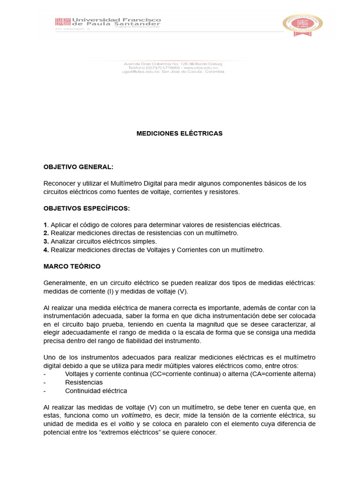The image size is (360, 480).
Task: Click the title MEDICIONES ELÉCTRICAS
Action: [x=179, y=134]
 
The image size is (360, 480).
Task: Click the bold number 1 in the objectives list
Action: [x=45, y=225]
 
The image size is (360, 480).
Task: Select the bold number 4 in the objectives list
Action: [x=46, y=250]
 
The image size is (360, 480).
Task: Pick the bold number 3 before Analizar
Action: [x=46, y=242]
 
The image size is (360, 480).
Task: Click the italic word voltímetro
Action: [x=135, y=416]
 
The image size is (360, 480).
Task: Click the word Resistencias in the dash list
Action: [x=84, y=382]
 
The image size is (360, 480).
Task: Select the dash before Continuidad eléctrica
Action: [x=45, y=391]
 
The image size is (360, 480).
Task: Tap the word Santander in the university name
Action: [x=141, y=24]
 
